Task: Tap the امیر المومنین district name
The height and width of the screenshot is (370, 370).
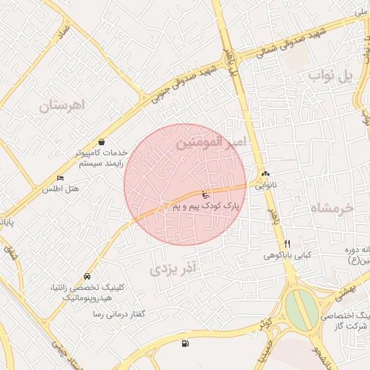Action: [210, 143]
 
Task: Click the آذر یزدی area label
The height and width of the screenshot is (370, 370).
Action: [173, 270]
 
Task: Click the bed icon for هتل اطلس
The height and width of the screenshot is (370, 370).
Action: [60, 178]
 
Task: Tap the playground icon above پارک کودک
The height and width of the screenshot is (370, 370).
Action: [205, 194]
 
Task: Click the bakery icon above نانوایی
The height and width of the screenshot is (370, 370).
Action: [265, 173]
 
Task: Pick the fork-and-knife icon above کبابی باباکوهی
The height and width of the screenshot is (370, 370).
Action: [287, 244]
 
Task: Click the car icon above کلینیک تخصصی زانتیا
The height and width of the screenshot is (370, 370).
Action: [87, 276]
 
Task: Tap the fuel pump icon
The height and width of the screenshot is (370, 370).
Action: [186, 343]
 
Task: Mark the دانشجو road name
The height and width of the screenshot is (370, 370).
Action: [319, 353]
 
